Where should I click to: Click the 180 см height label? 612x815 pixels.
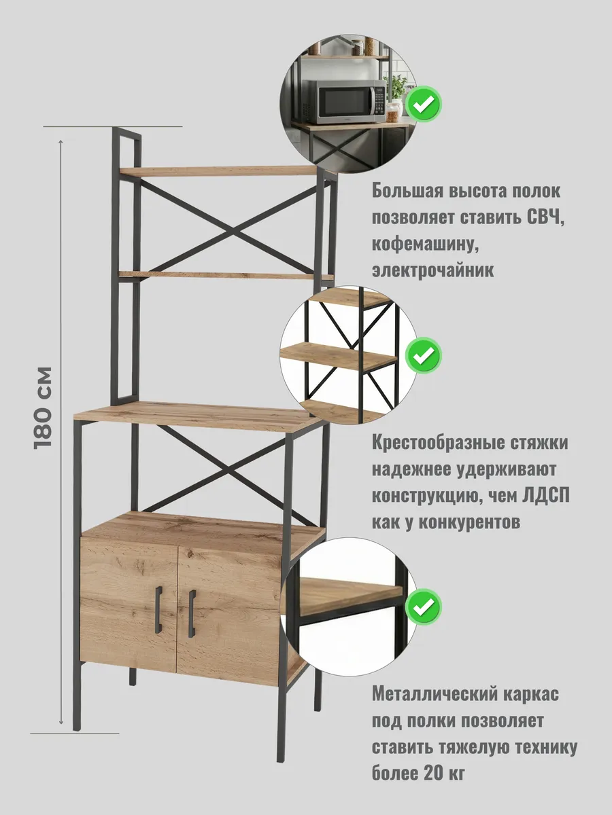tap(42, 407)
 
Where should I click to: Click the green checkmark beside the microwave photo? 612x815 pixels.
tap(424, 104)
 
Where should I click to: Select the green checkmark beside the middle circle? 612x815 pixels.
tap(424, 354)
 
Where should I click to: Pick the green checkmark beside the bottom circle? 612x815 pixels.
tap(424, 605)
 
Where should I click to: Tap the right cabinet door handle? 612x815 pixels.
tap(192, 604)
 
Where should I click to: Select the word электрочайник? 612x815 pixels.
tap(433, 270)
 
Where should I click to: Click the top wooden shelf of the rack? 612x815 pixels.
tap(224, 170)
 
